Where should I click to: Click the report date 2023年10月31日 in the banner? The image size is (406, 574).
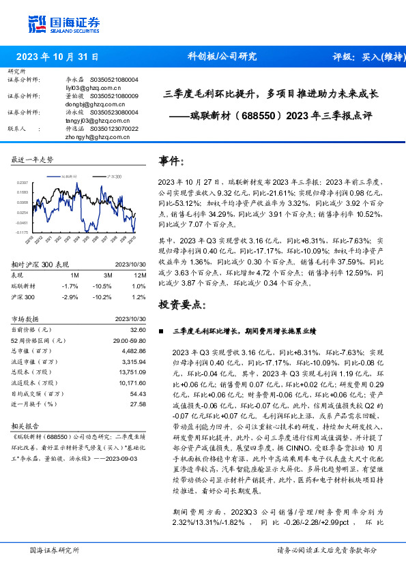(x=56, y=57)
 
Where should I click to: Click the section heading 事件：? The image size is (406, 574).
(x=172, y=162)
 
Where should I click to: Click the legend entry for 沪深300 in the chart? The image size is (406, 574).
(x=113, y=177)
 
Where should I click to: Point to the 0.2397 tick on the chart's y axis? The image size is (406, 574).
(x=23, y=183)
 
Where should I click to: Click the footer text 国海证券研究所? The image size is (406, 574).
(x=55, y=550)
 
